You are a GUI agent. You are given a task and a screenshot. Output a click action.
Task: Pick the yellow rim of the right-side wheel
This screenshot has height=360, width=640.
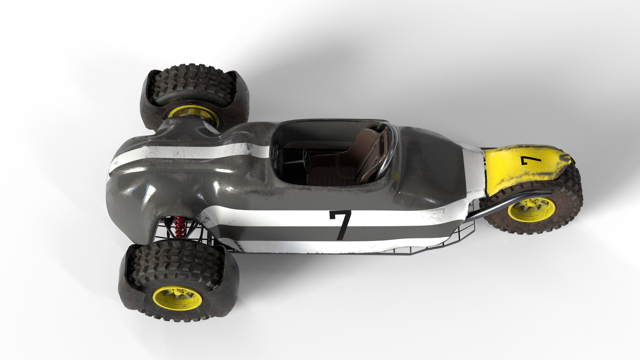click(532, 210)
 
